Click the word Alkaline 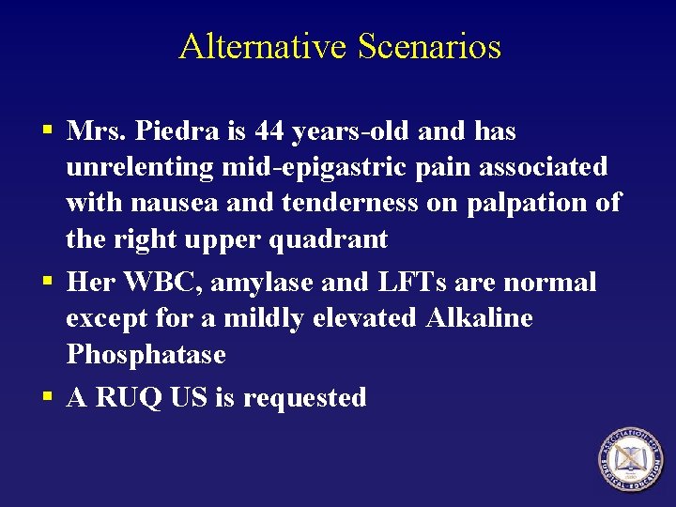point(479,318)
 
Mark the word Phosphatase point(146,355)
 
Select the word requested point(304,398)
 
